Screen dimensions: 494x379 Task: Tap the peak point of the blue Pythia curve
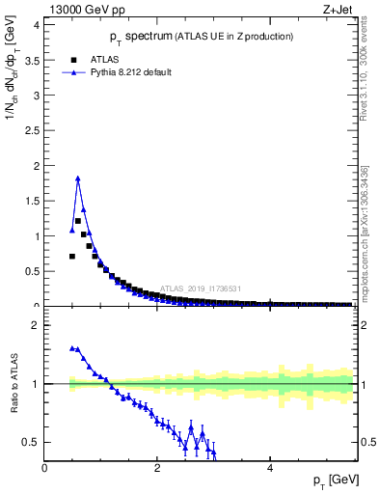tap(78, 178)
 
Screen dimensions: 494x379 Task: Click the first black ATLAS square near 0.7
tap(72, 256)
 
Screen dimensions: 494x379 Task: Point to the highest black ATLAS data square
tap(78, 221)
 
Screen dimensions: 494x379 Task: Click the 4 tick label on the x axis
tap(270, 468)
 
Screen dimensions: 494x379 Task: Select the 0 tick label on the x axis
tap(45, 468)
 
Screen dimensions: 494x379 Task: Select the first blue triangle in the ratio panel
tap(72, 348)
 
